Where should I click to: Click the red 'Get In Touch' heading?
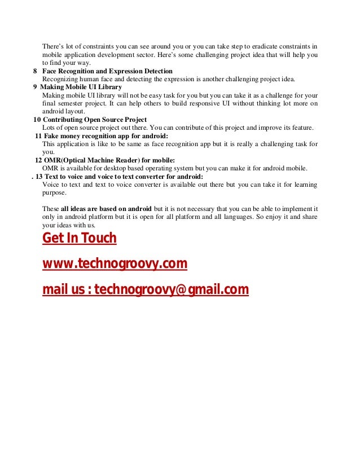click(80, 239)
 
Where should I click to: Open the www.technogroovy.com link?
click(115, 264)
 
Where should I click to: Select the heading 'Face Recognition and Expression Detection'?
click(107, 71)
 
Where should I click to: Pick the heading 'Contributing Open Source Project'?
click(94, 120)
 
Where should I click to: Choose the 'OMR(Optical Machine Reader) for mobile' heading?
click(109, 160)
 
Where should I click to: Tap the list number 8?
click(35, 71)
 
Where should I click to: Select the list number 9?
click(35, 87)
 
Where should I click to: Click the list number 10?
click(37, 120)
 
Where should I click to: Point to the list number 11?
click(38, 136)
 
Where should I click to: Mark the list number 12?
click(38, 160)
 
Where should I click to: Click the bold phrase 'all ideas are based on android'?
click(107, 209)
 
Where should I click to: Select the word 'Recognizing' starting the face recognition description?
click(60, 79)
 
